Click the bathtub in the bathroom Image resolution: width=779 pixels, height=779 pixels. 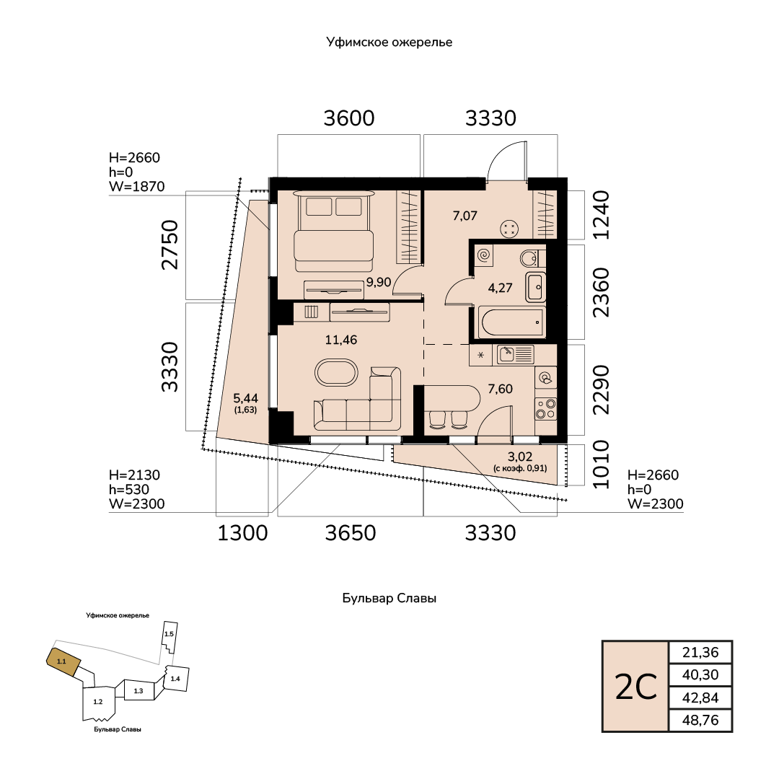click(x=513, y=322)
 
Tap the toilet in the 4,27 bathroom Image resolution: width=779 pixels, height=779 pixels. click(x=530, y=258)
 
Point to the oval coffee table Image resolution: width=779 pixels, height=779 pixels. click(x=336, y=372)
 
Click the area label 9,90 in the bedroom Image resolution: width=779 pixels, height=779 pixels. click(x=379, y=282)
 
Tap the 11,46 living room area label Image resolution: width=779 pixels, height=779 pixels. click(x=340, y=340)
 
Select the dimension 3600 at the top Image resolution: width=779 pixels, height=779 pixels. click(x=349, y=118)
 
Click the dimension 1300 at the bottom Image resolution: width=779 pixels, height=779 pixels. click(x=243, y=533)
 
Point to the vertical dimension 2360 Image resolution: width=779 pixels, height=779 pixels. click(x=601, y=292)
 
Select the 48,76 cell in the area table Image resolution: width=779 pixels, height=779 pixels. click(x=700, y=720)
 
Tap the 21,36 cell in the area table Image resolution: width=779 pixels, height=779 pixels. click(x=700, y=652)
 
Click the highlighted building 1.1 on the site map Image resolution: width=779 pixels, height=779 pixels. click(x=63, y=661)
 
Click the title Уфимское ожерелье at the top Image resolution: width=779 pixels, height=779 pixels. click(x=389, y=43)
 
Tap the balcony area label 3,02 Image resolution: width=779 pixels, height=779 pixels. click(x=520, y=456)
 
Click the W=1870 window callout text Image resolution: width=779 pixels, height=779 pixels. click(x=136, y=186)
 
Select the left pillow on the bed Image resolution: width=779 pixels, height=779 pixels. click(x=319, y=206)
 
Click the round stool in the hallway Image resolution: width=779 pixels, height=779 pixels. click(x=509, y=229)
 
